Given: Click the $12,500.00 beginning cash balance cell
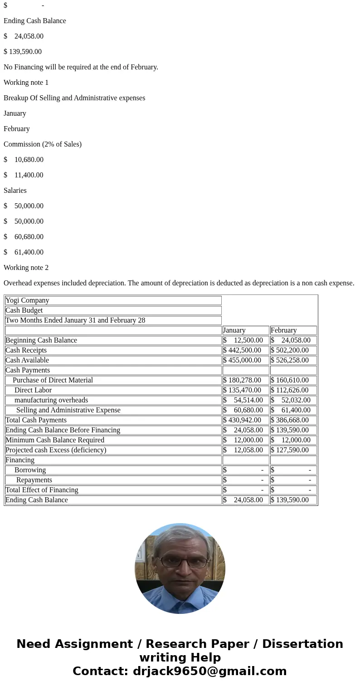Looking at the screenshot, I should [245, 340].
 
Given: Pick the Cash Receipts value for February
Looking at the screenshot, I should [293, 350].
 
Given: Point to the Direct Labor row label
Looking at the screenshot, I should [33, 390].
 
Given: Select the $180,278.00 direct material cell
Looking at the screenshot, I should [245, 380].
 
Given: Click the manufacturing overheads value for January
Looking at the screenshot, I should [245, 400].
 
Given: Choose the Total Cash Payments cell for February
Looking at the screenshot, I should [293, 420].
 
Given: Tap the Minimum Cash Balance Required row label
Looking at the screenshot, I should [55, 440].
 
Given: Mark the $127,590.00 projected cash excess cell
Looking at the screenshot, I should [293, 450].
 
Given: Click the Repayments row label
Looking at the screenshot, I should [34, 480].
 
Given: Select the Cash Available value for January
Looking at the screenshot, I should [245, 360].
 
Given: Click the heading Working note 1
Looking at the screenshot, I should [26, 83].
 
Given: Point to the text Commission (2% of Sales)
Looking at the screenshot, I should [43, 144].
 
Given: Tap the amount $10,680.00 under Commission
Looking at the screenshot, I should [28, 160].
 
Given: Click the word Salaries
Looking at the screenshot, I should [15, 191].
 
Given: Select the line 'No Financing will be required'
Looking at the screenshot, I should [81, 67].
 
